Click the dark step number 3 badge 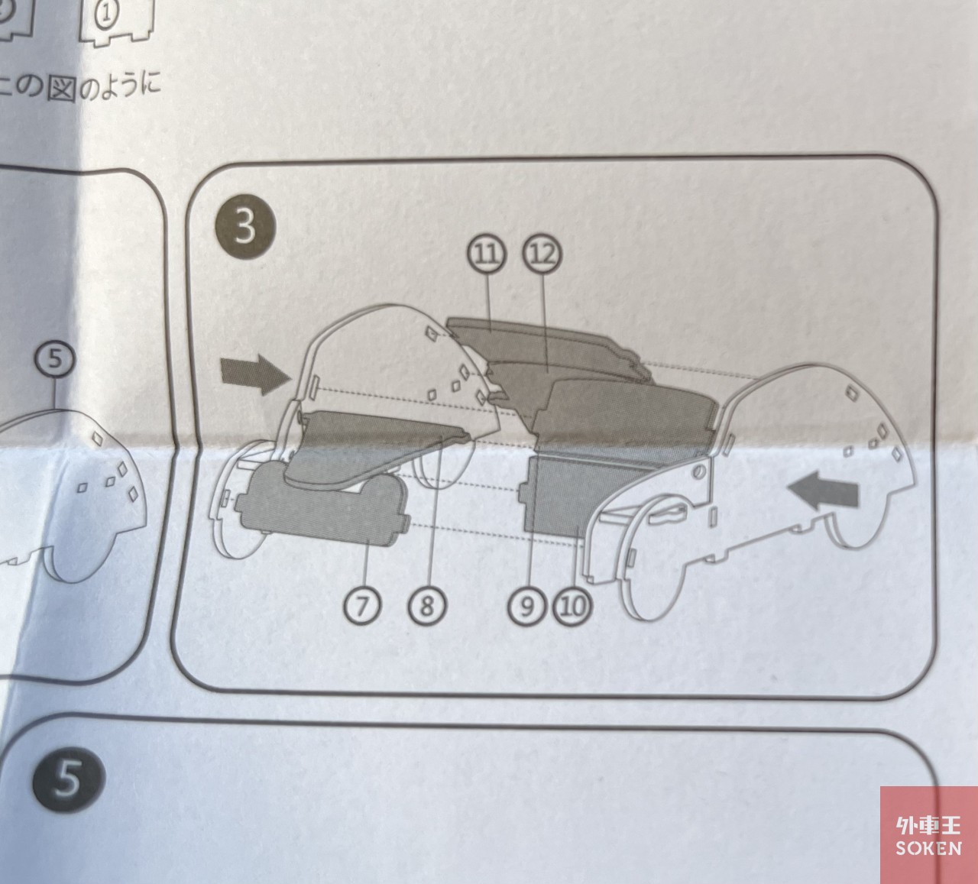[245, 226]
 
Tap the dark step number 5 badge [68, 779]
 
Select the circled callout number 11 [487, 254]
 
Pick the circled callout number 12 [542, 254]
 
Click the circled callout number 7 [362, 606]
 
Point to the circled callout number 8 [427, 606]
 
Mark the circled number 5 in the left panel [55, 359]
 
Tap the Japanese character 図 [61, 88]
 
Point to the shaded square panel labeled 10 [561, 493]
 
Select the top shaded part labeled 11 [546, 344]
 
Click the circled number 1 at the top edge [106, 14]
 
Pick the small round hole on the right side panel [698, 471]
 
